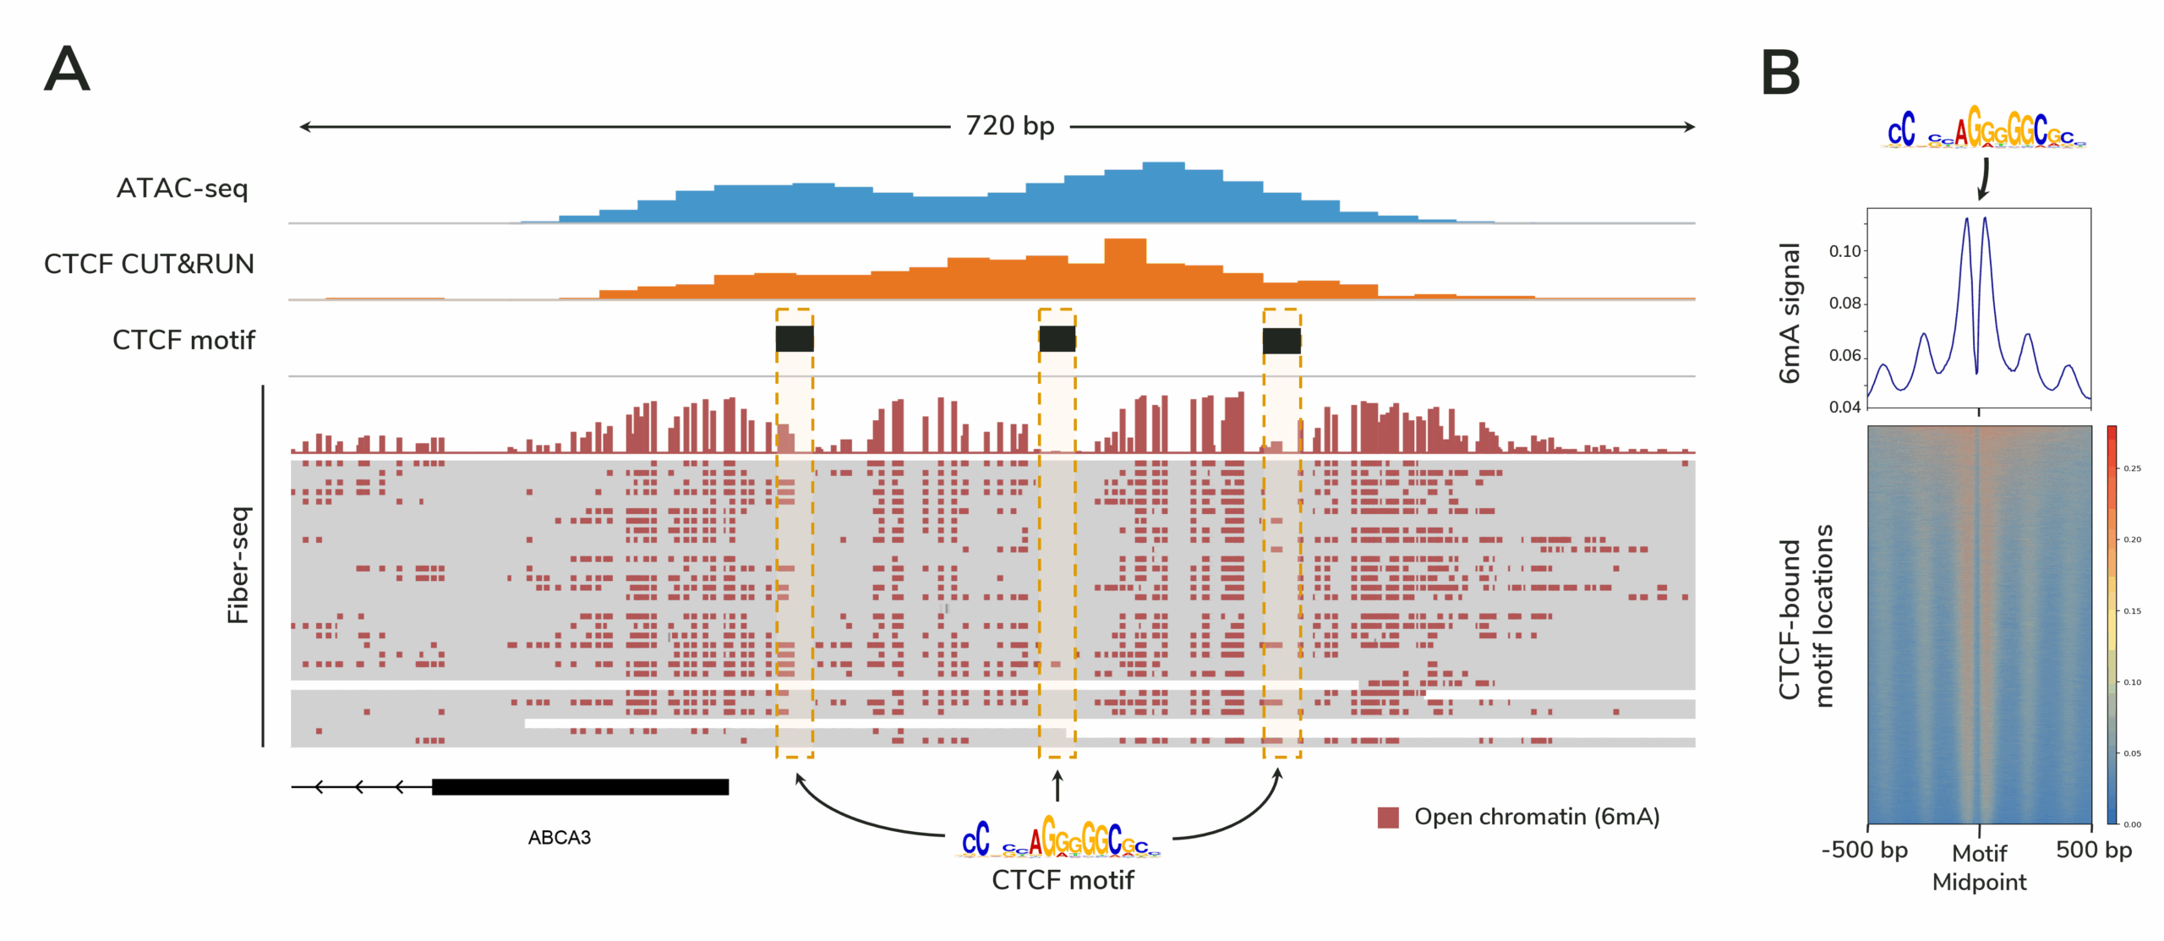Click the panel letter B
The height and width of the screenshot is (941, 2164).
[x=1779, y=74]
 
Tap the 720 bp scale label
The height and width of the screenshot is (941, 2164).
[x=1009, y=126]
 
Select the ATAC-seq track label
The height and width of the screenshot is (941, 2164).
[x=182, y=188]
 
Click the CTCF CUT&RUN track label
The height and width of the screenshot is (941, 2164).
[x=149, y=264]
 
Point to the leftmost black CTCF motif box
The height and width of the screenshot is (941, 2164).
[x=795, y=339]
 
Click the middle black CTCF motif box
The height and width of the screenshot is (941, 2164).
[x=1057, y=339]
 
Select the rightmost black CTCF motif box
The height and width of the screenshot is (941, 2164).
[x=1281, y=341]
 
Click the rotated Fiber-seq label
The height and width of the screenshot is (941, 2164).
[x=239, y=565]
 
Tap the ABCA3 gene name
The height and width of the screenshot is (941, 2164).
[x=559, y=837]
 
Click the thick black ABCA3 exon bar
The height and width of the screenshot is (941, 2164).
[x=580, y=787]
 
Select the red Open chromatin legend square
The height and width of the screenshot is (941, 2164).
[x=1387, y=817]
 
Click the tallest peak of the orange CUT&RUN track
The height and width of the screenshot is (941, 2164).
[x=1125, y=250]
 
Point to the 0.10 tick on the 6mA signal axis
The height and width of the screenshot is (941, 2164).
[x=1845, y=251]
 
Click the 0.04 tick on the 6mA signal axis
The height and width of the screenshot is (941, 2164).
[x=1845, y=407]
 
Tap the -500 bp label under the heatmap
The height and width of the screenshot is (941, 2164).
[x=1865, y=850]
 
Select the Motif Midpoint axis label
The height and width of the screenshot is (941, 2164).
[x=1979, y=867]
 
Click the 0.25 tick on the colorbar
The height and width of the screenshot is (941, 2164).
[x=2133, y=468]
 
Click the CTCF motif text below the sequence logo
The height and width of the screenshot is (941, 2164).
[x=1063, y=880]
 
